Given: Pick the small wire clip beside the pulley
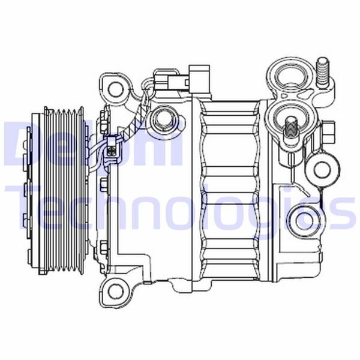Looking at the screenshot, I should click(x=112, y=147).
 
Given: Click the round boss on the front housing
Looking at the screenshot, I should click(x=161, y=122).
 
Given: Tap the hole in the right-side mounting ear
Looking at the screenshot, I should click(x=323, y=169).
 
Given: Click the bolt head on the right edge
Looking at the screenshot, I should click(x=331, y=130).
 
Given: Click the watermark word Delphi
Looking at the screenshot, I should click(x=90, y=144).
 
